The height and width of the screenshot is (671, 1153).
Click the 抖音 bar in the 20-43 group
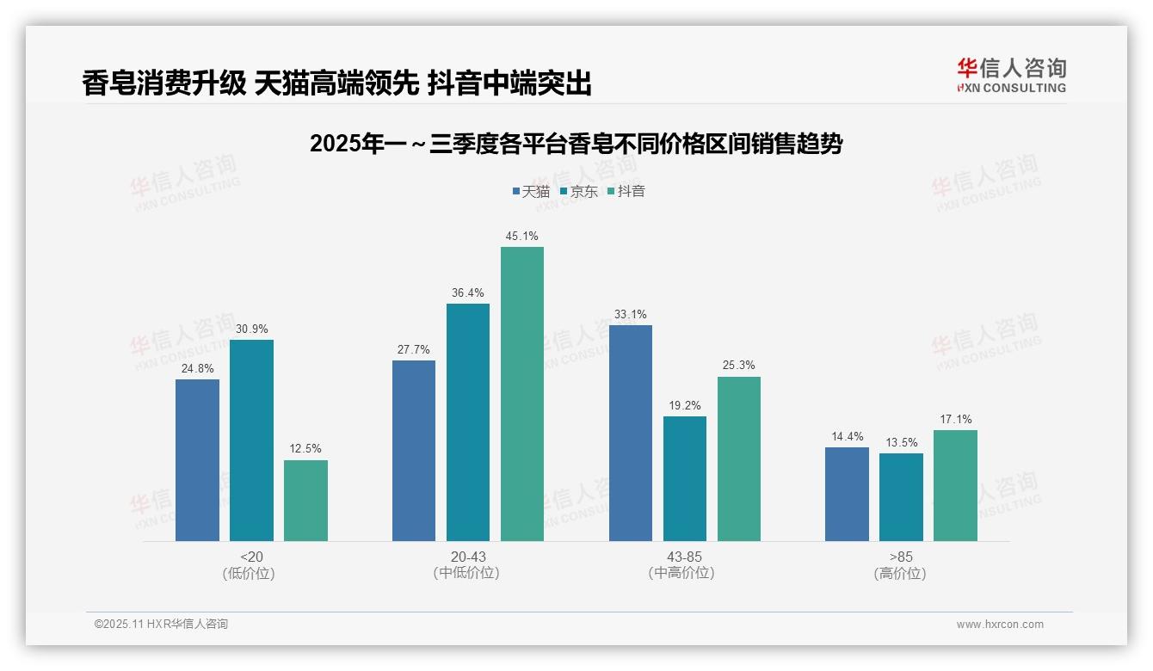point(522,394)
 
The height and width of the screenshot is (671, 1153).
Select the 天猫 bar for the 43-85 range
point(631,433)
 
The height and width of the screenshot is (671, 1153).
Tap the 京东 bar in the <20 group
point(251,440)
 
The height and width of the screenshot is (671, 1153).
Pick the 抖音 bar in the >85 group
point(955,485)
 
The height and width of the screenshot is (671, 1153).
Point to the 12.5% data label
point(305,449)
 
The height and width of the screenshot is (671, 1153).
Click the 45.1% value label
point(522,236)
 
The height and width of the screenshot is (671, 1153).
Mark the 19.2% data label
point(685,405)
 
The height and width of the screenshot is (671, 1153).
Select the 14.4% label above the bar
point(847,436)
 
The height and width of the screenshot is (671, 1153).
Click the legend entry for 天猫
point(531,192)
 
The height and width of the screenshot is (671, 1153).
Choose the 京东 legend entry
point(579,192)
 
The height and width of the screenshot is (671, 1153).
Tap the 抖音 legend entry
point(626,192)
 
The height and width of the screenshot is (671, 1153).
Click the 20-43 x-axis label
point(467,557)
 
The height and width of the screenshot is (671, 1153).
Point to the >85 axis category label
point(901,557)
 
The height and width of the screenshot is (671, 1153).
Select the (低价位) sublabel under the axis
point(249,573)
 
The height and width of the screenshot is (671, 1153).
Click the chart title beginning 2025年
point(576,144)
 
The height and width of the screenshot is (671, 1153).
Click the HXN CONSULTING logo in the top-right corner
point(1011,75)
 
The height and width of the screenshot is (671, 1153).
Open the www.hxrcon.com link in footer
point(1000,625)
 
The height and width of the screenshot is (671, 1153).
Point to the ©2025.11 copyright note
point(161,625)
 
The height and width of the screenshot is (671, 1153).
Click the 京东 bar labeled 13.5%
point(901,497)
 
